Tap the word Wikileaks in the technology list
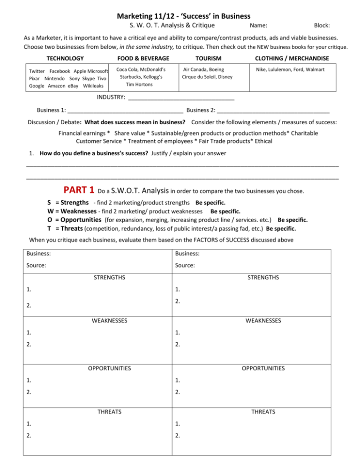pyautogui.click(x=96, y=86)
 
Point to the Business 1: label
pyautogui.click(x=51, y=110)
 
